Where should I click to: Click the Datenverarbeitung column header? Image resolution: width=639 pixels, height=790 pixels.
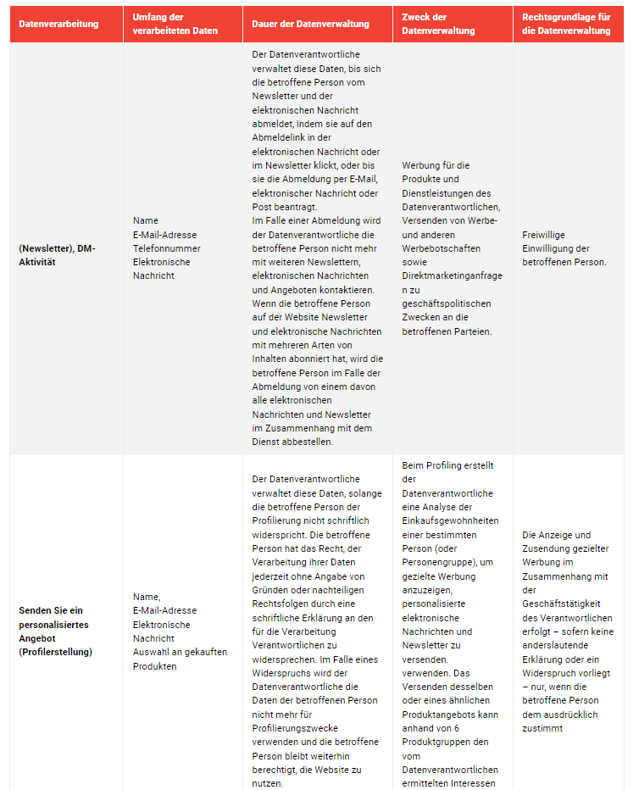click(x=58, y=24)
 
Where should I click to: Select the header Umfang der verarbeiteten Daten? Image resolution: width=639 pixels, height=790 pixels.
click(x=175, y=24)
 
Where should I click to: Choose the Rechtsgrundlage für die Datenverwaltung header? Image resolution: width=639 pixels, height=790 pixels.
click(x=566, y=24)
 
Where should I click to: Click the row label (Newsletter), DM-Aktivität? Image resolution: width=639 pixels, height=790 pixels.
click(x=57, y=255)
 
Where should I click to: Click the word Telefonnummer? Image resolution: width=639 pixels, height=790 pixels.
click(x=167, y=248)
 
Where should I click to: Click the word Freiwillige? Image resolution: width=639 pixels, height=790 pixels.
click(x=544, y=235)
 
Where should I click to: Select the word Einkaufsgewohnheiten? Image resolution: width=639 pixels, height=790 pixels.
click(x=450, y=520)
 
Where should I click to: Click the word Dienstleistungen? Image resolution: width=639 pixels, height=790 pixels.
click(x=453, y=193)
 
